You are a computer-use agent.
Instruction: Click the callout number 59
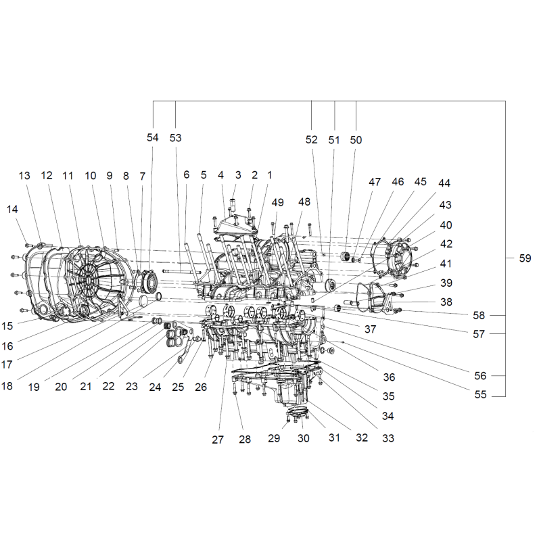click(525, 258)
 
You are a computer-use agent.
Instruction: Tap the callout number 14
click(12, 209)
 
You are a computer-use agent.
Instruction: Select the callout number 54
click(153, 137)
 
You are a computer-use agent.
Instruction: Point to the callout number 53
click(175, 138)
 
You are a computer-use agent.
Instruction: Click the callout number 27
click(218, 440)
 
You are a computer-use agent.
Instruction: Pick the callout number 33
click(387, 438)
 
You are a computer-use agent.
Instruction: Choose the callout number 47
click(375, 182)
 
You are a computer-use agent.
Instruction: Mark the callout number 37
click(370, 329)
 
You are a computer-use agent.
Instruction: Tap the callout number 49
click(277, 202)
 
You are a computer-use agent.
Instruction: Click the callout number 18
click(7, 385)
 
